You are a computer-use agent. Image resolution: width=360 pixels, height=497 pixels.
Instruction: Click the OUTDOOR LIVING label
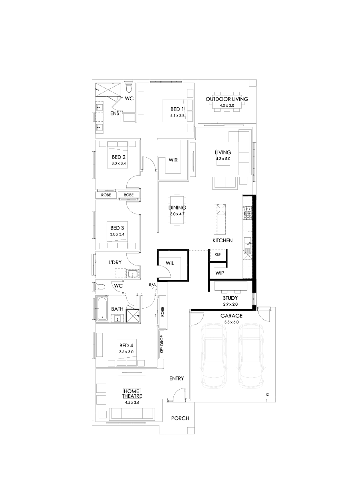pyautogui.click(x=227, y=99)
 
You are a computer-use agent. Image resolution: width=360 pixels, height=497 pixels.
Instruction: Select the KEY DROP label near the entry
pyautogui.click(x=162, y=344)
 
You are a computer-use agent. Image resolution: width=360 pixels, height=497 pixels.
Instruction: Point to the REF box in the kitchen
pyautogui.click(x=218, y=254)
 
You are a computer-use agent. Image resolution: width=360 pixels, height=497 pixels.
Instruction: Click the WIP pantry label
pyautogui.click(x=220, y=273)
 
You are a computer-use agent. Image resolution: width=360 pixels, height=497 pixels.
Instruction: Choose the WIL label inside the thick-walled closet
pyautogui.click(x=170, y=262)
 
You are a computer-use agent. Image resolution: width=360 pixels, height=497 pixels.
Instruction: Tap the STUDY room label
pyautogui.click(x=230, y=298)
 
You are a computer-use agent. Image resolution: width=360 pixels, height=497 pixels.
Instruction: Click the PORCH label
pyautogui.click(x=180, y=418)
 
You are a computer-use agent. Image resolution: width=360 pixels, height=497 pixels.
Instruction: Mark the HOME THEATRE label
pyautogui.click(x=132, y=394)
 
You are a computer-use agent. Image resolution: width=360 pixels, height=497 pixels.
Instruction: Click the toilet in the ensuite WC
pyautogui.click(x=129, y=87)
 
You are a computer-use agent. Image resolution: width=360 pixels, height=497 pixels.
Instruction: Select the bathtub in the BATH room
pyautogui.click(x=102, y=308)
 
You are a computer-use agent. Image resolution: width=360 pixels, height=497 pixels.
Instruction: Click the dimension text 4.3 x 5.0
pyautogui.click(x=223, y=158)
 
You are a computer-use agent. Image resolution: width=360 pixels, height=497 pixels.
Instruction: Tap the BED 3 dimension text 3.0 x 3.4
pyautogui.click(x=118, y=234)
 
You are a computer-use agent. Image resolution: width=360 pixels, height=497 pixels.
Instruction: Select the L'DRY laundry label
pyautogui.click(x=115, y=263)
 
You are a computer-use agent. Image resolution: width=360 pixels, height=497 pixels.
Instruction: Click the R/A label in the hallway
pyautogui.click(x=153, y=285)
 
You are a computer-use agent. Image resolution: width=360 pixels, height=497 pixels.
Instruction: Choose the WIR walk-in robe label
pyautogui.click(x=173, y=160)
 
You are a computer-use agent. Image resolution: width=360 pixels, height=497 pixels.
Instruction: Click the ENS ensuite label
pyautogui.click(x=115, y=113)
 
